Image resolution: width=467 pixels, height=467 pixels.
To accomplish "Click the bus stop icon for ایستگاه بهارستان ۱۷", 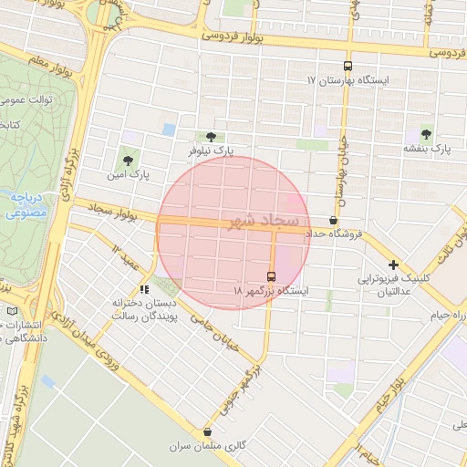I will (x=347, y=66).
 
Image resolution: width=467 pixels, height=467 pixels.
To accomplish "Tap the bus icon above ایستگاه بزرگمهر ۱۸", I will (x=271, y=276).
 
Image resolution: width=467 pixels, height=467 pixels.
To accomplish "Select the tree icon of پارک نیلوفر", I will (x=212, y=136).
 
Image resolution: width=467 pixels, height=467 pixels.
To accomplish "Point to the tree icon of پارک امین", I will (x=127, y=160).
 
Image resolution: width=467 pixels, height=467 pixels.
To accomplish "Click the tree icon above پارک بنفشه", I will (x=427, y=134).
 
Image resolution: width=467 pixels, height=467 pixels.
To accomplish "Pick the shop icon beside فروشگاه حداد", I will (x=332, y=221).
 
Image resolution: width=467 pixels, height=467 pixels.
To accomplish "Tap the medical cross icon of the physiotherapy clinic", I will (x=393, y=265).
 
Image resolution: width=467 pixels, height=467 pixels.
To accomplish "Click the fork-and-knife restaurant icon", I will (x=144, y=289).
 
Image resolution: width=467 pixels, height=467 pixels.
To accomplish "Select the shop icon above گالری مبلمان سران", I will (x=208, y=432).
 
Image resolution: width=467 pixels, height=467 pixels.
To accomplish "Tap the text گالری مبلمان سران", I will (x=208, y=448).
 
